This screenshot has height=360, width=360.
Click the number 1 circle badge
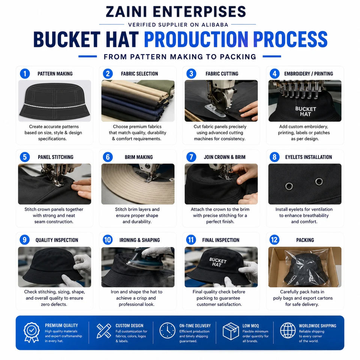[25, 74]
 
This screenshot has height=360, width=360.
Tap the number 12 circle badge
[274, 240]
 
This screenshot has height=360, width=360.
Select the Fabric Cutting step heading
[222, 74]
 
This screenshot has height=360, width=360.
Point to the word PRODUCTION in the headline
[196, 39]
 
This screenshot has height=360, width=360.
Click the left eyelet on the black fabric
[289, 186]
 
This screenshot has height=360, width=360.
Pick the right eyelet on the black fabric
[319, 181]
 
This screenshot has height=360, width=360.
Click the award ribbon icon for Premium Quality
[31, 333]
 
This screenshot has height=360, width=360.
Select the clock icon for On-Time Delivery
[167, 331]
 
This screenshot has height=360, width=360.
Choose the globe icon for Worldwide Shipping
[288, 330]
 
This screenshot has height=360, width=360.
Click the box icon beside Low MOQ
[231, 331]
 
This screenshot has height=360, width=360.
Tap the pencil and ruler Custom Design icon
[104, 331]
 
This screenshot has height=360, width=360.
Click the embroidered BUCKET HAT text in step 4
[306, 111]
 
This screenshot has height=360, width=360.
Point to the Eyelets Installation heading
[309, 157]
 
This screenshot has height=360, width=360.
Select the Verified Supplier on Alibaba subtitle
[178, 25]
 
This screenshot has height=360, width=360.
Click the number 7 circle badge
[191, 157]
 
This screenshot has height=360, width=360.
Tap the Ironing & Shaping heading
[139, 240]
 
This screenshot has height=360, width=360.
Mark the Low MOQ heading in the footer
[250, 326]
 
